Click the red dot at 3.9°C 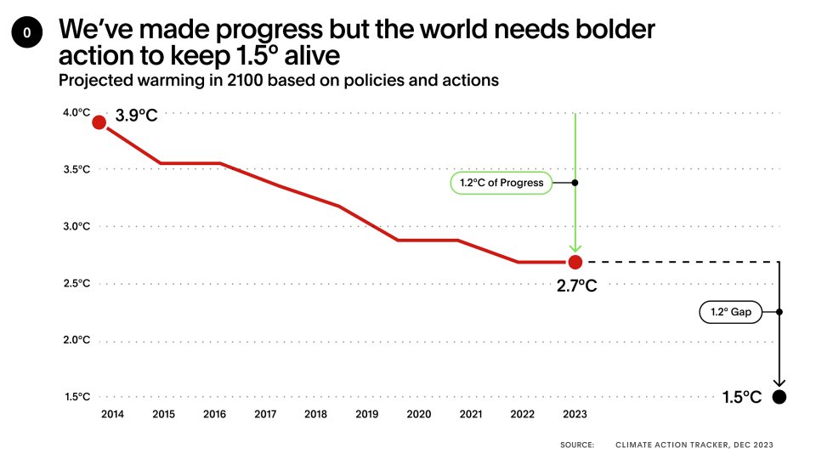coord(99,122)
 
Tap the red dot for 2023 coord(575,262)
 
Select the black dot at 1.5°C coord(779,397)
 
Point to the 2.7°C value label coord(577,286)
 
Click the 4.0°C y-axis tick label coord(76,112)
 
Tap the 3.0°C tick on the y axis coord(76,226)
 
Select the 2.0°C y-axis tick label coord(76,340)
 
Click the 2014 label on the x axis coord(110,414)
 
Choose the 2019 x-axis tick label coord(367,414)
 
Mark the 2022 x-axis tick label coord(523,414)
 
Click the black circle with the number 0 coord(26,33)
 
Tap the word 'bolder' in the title coord(608,29)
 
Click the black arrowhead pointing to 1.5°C coord(779,383)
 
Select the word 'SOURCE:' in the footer coord(577,445)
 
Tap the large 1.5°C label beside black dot coord(741,397)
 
